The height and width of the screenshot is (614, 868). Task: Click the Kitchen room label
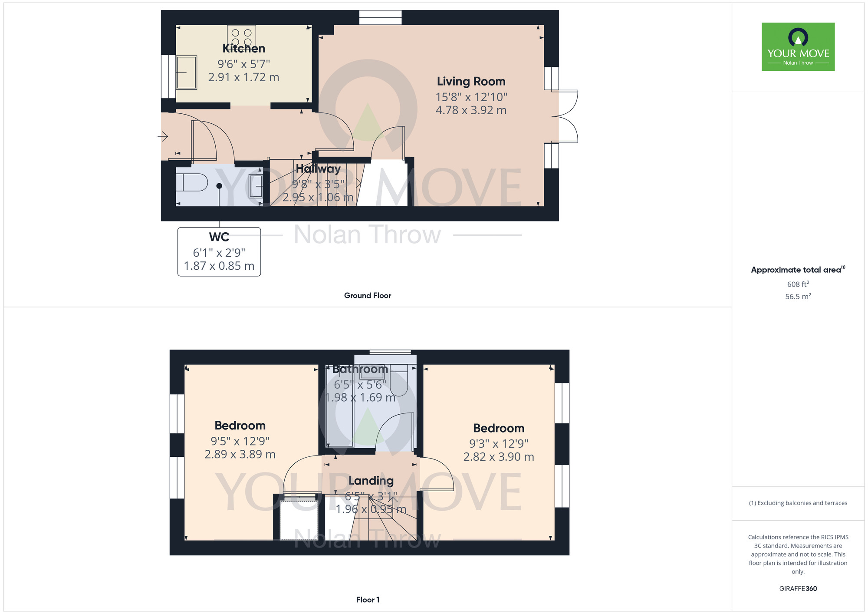click(x=243, y=48)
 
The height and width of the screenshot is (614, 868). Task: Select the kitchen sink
click(x=187, y=73)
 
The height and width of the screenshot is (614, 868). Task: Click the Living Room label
click(x=471, y=81)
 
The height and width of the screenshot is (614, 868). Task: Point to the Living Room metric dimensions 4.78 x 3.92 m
click(x=471, y=110)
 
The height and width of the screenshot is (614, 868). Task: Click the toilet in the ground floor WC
click(x=191, y=182)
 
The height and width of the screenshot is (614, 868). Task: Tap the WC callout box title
click(x=219, y=237)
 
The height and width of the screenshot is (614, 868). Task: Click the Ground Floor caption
click(x=368, y=295)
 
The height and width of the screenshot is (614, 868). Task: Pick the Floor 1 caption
click(x=368, y=600)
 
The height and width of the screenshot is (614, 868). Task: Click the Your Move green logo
click(x=798, y=47)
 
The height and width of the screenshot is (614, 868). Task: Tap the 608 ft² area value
click(x=798, y=284)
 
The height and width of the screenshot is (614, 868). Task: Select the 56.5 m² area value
click(x=798, y=297)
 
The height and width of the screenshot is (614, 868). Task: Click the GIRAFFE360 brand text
click(x=798, y=589)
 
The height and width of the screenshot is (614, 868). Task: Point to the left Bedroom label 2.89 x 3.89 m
click(x=240, y=455)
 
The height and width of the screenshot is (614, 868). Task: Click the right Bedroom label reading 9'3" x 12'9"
click(x=499, y=443)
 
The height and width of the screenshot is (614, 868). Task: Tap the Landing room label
click(x=371, y=481)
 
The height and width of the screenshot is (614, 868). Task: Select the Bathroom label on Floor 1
click(x=360, y=369)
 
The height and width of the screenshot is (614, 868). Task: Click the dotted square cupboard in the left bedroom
click(x=299, y=520)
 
